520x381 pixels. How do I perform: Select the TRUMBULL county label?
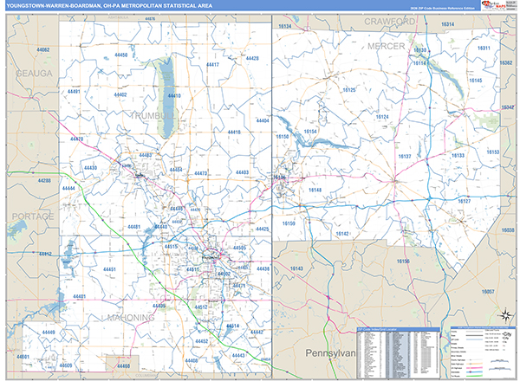tap(153, 114)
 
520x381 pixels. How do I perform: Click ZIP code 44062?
tap(43, 50)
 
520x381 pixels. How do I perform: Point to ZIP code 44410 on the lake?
tap(173, 95)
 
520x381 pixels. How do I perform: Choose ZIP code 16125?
tap(348, 89)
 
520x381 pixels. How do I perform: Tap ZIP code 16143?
tap(296, 268)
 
